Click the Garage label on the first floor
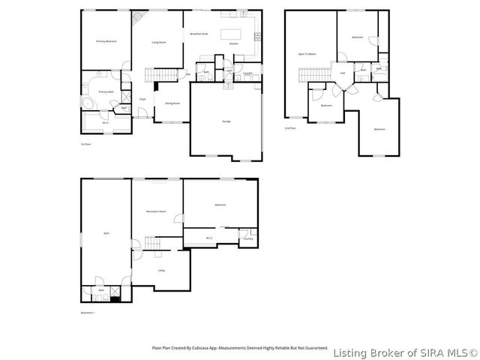(x=226, y=121)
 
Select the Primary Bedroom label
(x=106, y=42)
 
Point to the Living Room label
(x=158, y=43)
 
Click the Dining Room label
(x=172, y=103)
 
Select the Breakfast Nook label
(x=199, y=34)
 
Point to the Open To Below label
(x=307, y=54)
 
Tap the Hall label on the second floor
(x=342, y=73)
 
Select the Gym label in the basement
(x=106, y=233)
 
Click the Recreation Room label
(x=156, y=212)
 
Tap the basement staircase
(x=154, y=244)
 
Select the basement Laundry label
(x=247, y=238)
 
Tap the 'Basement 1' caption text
(x=88, y=313)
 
